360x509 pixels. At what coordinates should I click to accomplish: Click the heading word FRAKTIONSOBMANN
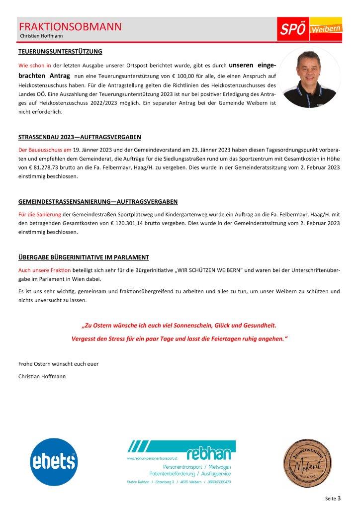click(x=70, y=27)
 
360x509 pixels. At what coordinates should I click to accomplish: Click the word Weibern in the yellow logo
click(x=326, y=30)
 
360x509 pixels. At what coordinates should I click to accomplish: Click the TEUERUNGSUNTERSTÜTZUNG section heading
click(x=60, y=51)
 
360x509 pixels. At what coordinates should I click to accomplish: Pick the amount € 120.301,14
click(x=117, y=224)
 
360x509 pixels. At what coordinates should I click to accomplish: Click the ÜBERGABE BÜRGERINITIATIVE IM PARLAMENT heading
click(x=84, y=257)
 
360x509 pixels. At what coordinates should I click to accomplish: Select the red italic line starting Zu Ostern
click(x=180, y=326)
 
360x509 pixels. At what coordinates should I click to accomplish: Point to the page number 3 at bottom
click(x=339, y=497)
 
